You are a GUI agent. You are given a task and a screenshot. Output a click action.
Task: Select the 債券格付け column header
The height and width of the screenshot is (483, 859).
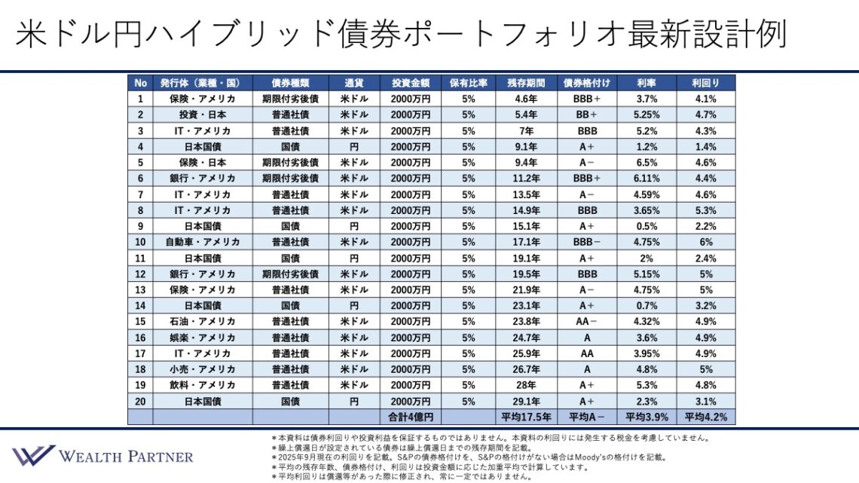587,83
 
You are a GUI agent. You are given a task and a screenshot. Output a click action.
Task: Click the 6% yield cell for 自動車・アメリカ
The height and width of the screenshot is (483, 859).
706,242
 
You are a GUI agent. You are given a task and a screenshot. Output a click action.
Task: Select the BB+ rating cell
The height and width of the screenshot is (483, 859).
587,115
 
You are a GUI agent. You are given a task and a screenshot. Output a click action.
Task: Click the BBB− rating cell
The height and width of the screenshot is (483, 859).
587,242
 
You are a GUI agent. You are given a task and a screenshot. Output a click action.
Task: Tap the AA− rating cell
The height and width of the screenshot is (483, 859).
587,322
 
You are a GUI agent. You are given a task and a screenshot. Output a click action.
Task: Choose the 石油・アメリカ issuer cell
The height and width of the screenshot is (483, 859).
203,322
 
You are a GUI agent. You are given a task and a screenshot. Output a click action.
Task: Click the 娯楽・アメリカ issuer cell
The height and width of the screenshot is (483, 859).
203,338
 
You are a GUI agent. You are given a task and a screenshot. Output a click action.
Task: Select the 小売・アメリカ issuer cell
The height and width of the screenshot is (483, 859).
203,369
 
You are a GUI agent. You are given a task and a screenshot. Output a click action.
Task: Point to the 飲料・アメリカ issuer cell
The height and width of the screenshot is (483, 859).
203,385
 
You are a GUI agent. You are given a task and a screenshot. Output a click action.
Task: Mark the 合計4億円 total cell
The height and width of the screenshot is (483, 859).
411,417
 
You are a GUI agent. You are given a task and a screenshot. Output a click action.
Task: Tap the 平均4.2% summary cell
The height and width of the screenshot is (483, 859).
706,417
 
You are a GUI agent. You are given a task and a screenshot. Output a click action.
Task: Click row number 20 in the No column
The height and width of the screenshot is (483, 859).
140,401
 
